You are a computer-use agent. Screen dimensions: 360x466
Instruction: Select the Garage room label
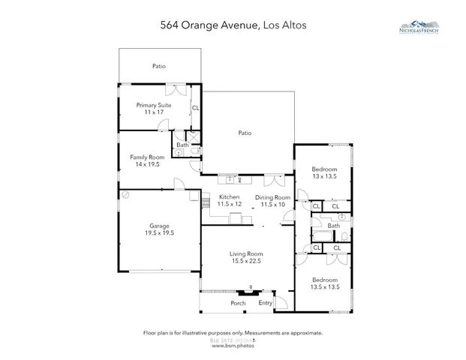point(158,225)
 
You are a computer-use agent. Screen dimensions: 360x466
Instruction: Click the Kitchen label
point(228,196)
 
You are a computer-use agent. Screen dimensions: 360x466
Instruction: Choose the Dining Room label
point(270,196)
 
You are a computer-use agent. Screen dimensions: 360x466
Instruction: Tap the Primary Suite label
point(154,105)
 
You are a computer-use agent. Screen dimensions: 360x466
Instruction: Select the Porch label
point(238,303)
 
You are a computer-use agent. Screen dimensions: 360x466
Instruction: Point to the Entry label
point(265,303)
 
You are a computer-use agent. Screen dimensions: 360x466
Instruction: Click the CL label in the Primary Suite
point(195,108)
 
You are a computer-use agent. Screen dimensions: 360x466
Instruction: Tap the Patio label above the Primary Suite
point(158,66)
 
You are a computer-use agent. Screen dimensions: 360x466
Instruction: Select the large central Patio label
point(245,133)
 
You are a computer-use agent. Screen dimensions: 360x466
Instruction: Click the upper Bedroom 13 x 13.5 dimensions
point(324,177)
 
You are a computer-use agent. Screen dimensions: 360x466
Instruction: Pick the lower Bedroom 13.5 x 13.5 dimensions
point(326,286)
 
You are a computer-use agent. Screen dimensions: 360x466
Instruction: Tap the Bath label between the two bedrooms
point(333,225)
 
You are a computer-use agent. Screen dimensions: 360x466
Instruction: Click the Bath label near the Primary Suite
point(182,145)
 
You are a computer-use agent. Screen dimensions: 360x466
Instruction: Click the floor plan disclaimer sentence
point(233,332)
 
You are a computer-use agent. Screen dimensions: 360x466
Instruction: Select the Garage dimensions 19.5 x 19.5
point(158,232)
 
